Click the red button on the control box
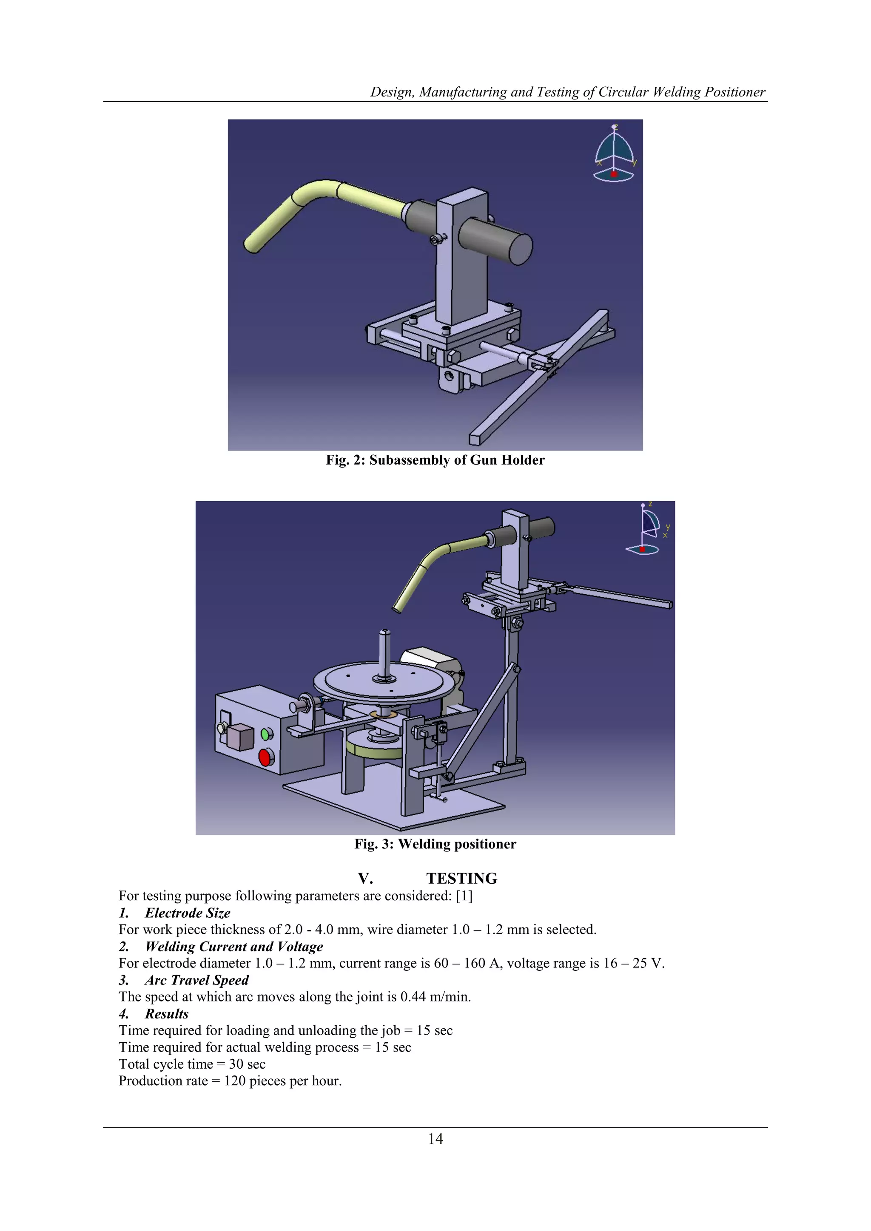[x=265, y=757]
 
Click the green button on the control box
[x=265, y=733]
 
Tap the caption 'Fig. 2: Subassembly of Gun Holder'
[x=435, y=460]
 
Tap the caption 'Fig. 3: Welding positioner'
[x=435, y=844]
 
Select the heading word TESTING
[x=461, y=878]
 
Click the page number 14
[x=435, y=1139]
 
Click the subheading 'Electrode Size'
[x=187, y=913]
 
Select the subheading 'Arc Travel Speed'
[x=196, y=980]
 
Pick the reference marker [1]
[x=464, y=896]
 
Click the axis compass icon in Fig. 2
[x=614, y=154]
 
